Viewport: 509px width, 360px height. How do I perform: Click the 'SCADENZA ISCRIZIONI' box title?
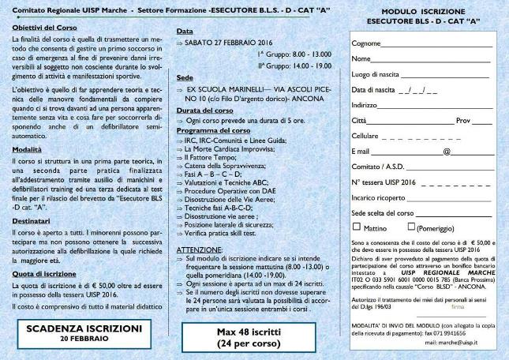click(84, 327)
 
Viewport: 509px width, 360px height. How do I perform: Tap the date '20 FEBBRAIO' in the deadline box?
click(84, 337)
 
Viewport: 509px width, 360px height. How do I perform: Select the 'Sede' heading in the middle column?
click(184, 78)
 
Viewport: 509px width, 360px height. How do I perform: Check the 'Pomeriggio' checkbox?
click(410, 227)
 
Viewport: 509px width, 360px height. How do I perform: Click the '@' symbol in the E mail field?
click(447, 150)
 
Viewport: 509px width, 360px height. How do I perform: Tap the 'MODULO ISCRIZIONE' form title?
click(420, 13)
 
